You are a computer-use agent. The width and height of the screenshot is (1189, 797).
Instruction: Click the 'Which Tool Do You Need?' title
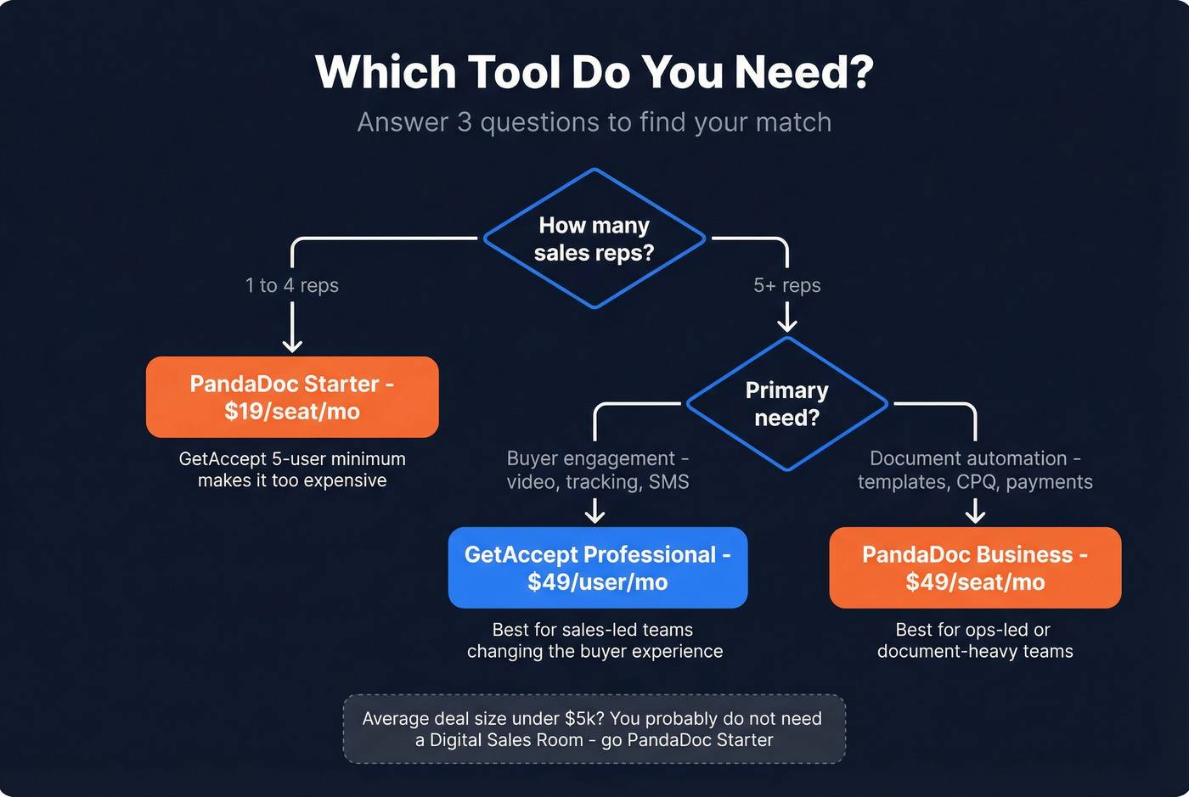[594, 72]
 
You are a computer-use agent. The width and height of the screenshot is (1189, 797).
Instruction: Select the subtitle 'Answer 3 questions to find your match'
[594, 122]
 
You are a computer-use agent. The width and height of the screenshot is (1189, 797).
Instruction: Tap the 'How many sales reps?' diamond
[594, 239]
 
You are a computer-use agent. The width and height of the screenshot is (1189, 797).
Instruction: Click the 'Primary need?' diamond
[786, 404]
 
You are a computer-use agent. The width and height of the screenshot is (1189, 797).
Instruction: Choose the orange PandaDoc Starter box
[292, 397]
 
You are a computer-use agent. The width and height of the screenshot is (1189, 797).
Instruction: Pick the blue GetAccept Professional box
[597, 568]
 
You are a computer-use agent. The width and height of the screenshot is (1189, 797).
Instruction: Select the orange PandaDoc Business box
[975, 568]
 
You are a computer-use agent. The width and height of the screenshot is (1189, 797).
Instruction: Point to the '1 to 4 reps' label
[292, 285]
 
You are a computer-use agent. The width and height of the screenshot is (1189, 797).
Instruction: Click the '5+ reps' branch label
[787, 285]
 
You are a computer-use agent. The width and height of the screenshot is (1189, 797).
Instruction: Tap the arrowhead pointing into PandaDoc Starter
[292, 344]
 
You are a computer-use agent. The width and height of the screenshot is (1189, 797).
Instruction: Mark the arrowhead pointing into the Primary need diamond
[787, 324]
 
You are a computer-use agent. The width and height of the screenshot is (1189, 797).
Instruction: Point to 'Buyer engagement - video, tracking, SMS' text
[598, 470]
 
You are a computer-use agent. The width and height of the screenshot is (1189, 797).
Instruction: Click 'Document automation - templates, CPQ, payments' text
[975, 470]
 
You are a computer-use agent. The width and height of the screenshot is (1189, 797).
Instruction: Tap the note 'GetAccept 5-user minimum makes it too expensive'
[292, 469]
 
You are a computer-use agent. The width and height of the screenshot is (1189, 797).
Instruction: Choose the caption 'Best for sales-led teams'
[594, 630]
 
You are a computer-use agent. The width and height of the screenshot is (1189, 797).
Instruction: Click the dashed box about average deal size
[594, 729]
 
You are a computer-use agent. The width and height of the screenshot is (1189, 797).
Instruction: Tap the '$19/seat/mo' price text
[292, 412]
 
